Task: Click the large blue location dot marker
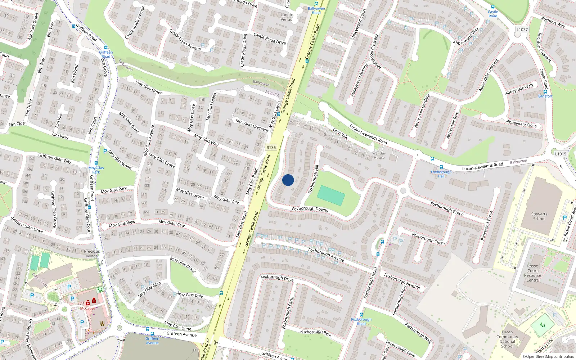(288, 180)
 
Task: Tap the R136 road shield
(271, 148)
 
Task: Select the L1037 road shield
(522, 30)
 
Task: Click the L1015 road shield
(561, 154)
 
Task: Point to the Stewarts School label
(539, 216)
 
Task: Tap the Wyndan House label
(379, 156)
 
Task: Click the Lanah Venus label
(287, 17)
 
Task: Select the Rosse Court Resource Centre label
(532, 273)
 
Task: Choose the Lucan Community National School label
(507, 339)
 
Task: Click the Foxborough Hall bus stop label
(441, 174)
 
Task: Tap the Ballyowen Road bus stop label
(316, 10)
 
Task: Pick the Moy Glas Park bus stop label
(96, 170)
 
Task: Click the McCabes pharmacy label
(88, 309)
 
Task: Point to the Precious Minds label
(92, 254)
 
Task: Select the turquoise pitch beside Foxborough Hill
(331, 195)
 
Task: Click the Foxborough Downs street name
(310, 209)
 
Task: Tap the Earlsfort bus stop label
(545, 96)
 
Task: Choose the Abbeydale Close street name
(521, 124)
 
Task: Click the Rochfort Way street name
(553, 22)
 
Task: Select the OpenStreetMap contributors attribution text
(548, 357)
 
